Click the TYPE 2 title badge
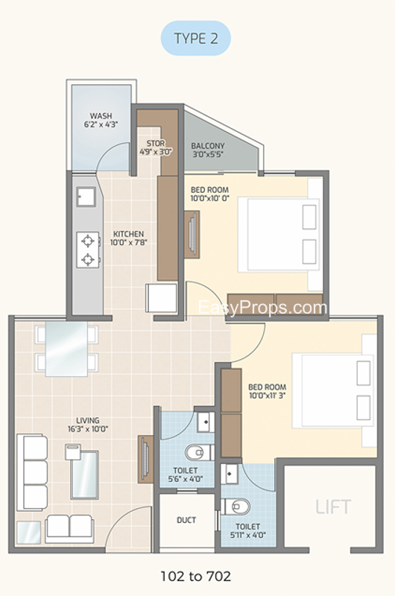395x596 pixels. click(196, 39)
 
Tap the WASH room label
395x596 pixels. click(101, 115)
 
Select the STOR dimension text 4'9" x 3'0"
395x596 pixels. click(156, 152)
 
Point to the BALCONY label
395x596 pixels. click(208, 145)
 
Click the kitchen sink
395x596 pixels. click(86, 197)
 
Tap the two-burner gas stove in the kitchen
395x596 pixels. click(88, 250)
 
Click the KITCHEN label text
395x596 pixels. click(128, 234)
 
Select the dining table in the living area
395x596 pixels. click(66, 349)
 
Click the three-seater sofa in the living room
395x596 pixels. click(32, 472)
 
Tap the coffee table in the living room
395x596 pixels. click(84, 475)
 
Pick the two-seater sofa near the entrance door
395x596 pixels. click(69, 529)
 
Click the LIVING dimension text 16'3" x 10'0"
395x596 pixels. click(88, 429)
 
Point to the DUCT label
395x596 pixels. click(186, 520)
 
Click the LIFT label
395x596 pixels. click(333, 507)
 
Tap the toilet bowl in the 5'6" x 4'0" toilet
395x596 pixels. click(199, 452)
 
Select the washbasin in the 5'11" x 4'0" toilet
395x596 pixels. click(230, 474)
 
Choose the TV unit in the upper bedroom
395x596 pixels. click(192, 235)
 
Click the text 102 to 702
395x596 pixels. click(196, 576)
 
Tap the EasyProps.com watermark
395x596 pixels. click(262, 308)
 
